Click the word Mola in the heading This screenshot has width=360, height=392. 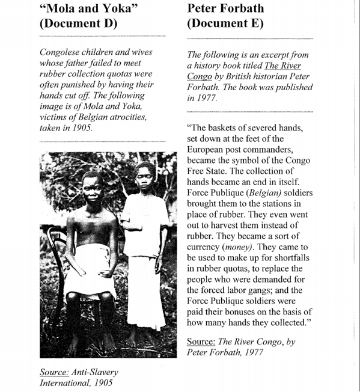[64, 8]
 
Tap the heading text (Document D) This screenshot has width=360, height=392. [78, 25]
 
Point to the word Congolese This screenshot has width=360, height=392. [64, 53]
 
